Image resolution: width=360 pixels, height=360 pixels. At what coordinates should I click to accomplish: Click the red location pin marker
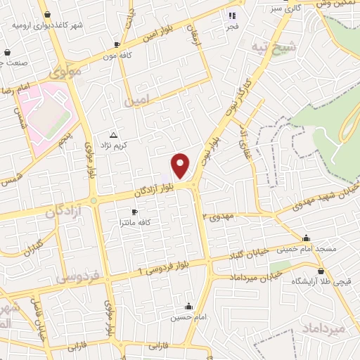click(181, 165)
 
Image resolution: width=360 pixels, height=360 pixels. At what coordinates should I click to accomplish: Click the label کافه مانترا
click(136, 222)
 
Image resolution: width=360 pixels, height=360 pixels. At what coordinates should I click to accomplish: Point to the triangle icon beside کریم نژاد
click(113, 134)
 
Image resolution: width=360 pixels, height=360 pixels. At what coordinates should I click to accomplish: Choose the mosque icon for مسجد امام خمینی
click(307, 238)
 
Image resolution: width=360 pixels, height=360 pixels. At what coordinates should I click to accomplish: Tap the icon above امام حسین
click(188, 307)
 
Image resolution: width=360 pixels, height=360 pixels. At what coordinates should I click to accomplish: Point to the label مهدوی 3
click(221, 217)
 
